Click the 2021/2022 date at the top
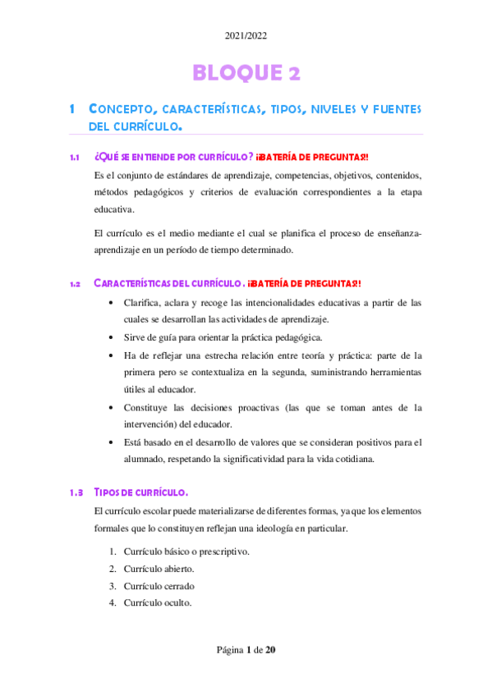(246, 36)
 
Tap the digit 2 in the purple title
(293, 73)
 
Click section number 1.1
(74, 157)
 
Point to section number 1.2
(74, 284)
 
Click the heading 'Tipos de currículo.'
(141, 493)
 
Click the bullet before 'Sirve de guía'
(112, 337)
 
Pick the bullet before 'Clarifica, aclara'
(112, 302)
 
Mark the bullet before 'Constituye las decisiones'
(112, 408)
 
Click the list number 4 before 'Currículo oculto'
(112, 603)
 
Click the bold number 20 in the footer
(270, 650)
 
